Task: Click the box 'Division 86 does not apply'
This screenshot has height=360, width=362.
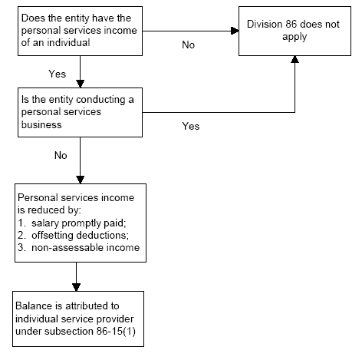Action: click(295, 31)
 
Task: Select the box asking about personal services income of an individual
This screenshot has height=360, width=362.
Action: click(80, 31)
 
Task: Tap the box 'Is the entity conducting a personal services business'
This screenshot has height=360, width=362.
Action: click(80, 112)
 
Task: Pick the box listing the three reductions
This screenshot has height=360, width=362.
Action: click(81, 223)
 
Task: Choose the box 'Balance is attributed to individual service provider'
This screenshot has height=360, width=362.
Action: click(78, 319)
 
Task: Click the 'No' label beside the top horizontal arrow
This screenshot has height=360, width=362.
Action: click(189, 45)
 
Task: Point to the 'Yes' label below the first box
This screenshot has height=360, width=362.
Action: click(58, 74)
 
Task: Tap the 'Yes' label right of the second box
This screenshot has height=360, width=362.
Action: click(191, 126)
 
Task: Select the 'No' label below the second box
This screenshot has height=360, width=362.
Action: click(61, 155)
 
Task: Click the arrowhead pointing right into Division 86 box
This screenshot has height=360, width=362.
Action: click(235, 31)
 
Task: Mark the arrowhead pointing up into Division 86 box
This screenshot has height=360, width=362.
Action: click(295, 59)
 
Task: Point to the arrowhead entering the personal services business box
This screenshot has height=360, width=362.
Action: click(81, 84)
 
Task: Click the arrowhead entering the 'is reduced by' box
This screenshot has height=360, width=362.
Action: click(81, 180)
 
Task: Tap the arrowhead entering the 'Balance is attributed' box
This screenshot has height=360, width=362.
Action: click(76, 287)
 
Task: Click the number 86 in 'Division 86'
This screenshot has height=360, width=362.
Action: click(291, 25)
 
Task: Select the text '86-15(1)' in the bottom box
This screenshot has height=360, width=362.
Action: click(116, 331)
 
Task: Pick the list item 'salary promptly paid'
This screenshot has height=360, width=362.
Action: click(79, 223)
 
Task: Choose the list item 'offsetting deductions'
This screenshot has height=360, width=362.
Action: click(80, 236)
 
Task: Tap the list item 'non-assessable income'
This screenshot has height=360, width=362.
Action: click(86, 248)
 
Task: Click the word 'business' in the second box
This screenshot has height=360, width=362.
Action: click(41, 124)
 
